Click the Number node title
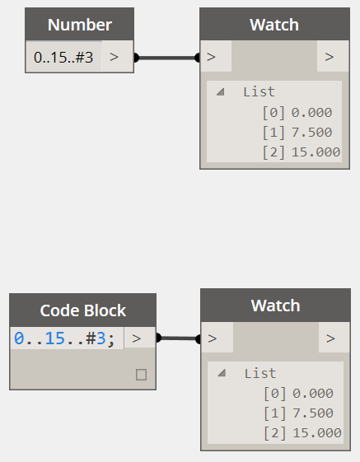point(80,25)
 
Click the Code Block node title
point(83,310)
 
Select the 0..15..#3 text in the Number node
point(63,57)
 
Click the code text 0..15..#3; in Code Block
point(64,338)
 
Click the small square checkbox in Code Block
point(141,375)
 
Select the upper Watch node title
point(274,25)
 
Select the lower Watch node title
point(275,306)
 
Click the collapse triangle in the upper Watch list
point(221,92)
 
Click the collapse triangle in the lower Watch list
point(222,373)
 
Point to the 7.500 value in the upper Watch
point(311,133)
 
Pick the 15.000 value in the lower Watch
point(317,433)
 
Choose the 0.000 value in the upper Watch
point(311,113)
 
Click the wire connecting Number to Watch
point(167,58)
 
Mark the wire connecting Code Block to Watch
point(179,338)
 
